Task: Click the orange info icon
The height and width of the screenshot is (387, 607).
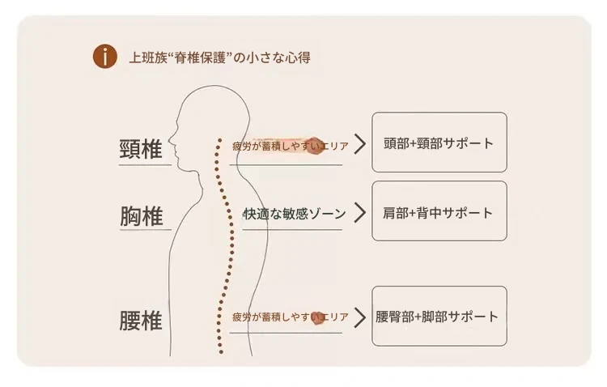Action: click(x=104, y=57)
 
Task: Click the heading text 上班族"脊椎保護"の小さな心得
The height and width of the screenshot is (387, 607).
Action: click(x=219, y=57)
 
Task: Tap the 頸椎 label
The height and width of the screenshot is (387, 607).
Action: click(x=141, y=150)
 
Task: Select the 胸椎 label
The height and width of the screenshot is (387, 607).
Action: click(x=142, y=216)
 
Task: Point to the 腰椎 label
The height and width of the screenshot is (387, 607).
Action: click(x=141, y=321)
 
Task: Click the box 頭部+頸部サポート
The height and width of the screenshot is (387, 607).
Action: click(x=439, y=142)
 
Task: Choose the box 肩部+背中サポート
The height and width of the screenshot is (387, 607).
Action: click(x=439, y=211)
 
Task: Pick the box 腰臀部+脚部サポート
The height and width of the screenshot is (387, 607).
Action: click(x=439, y=317)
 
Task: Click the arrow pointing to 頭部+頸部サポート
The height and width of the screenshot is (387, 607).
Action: click(x=360, y=145)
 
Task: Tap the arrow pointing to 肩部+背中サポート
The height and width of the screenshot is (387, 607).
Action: click(x=360, y=214)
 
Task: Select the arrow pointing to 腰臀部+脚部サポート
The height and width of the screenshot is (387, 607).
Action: click(x=360, y=317)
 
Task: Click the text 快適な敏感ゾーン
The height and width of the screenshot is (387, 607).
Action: click(x=294, y=215)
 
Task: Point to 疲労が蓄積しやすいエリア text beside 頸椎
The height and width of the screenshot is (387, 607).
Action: click(x=289, y=147)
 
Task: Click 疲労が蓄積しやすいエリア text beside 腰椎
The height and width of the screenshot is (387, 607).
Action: click(x=289, y=317)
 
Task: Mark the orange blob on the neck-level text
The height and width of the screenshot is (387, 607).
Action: click(x=316, y=146)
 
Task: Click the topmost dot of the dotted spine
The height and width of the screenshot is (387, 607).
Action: click(x=218, y=139)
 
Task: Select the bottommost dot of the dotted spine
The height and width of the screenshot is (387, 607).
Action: click(x=219, y=352)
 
